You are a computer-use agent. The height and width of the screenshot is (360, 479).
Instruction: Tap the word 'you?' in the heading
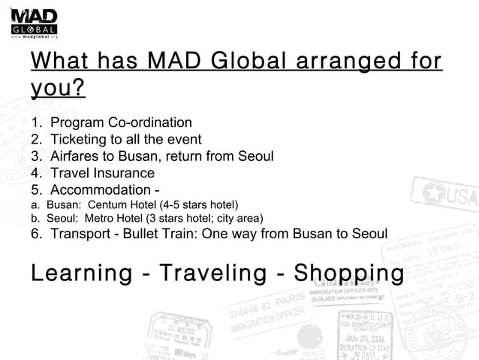pyautogui.click(x=58, y=89)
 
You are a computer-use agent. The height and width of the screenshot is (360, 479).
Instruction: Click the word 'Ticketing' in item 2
pyautogui.click(x=80, y=139)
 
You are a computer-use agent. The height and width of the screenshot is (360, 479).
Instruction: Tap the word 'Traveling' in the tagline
pyautogui.click(x=212, y=272)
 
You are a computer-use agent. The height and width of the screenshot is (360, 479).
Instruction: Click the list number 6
pyautogui.click(x=35, y=234)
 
